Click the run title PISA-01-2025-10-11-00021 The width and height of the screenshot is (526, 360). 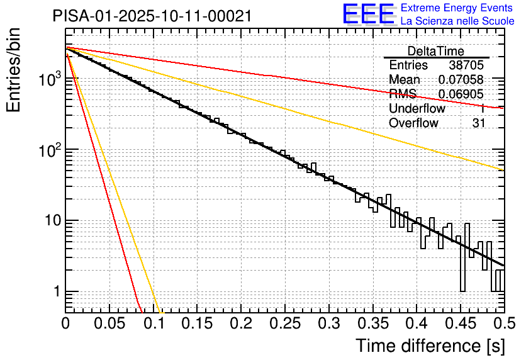point(152,16)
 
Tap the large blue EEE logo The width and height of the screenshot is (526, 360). point(369,14)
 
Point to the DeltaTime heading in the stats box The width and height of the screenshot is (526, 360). point(436,51)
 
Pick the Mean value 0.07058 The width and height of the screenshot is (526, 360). point(461,80)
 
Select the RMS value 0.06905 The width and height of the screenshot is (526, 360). point(461,94)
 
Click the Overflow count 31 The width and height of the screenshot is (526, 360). point(478,123)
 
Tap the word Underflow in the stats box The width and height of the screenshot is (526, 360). point(417,109)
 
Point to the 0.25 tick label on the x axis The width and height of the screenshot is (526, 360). point(285,324)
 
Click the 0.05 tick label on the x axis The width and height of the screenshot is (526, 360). point(109,324)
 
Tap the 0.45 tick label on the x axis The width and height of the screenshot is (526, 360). point(461,324)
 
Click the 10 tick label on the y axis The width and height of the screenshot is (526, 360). point(49,221)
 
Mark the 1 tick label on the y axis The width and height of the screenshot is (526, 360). point(55,292)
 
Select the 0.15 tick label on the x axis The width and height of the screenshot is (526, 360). point(198,324)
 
